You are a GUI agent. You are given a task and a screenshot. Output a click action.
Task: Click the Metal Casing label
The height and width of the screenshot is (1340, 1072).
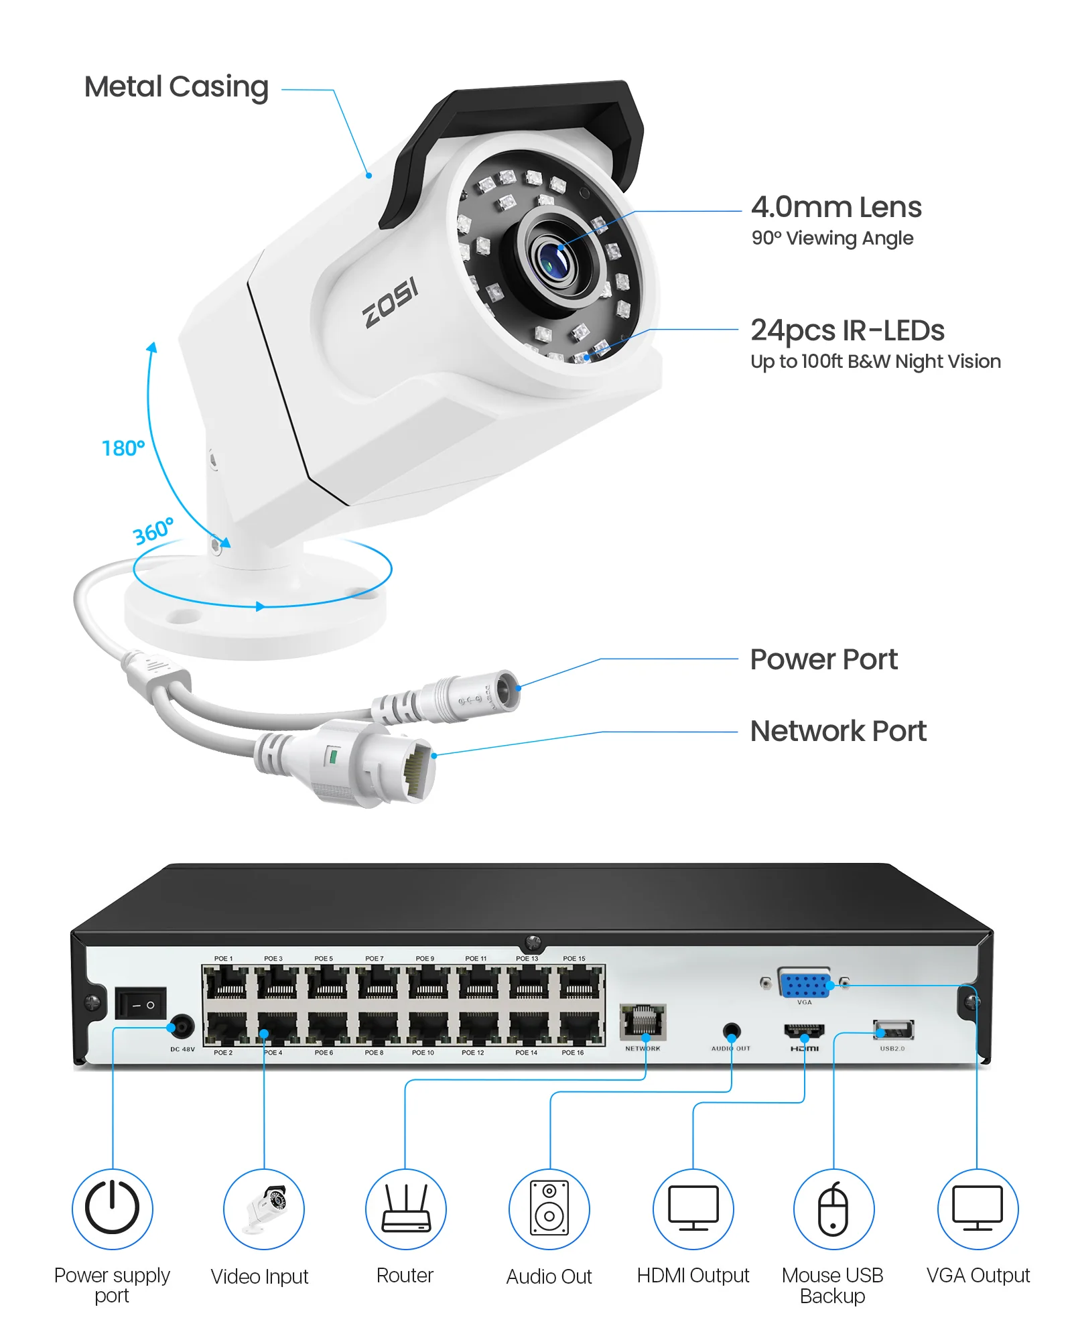pos(176,87)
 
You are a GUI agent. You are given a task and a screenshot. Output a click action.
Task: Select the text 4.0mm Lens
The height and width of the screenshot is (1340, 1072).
pos(835,207)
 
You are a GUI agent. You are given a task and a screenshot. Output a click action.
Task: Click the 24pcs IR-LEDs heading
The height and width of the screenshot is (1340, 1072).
pos(847,330)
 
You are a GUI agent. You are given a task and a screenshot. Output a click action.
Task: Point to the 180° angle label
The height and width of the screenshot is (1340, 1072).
pos(123,448)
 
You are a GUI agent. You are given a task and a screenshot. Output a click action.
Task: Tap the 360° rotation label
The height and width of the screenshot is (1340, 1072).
pos(153,531)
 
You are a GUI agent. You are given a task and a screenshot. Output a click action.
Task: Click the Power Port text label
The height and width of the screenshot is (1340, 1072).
pos(823,659)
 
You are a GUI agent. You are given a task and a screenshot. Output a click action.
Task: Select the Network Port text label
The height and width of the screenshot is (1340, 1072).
pos(837,731)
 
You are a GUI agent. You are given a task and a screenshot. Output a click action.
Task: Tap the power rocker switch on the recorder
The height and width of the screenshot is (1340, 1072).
pos(140,1003)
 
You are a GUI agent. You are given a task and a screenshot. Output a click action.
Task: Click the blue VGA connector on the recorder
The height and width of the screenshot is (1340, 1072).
pos(804,986)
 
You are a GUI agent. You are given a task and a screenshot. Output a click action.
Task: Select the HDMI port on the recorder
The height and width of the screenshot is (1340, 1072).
pos(804,1031)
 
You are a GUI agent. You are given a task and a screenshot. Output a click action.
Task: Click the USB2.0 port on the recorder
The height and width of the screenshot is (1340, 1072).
pos(893,1029)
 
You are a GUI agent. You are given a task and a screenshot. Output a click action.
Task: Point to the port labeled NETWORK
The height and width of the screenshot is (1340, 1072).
pos(643,1021)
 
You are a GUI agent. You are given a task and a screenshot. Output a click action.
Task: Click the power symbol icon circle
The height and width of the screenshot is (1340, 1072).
pos(113,1209)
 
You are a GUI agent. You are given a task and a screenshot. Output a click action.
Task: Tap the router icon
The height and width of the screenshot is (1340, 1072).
pos(405,1209)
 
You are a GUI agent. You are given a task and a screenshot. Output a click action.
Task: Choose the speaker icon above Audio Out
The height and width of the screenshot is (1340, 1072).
pos(549,1209)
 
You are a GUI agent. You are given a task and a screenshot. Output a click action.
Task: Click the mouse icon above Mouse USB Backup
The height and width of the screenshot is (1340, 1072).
pos(833,1209)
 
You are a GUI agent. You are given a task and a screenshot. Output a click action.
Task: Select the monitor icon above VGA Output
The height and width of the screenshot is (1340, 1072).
pos(978,1209)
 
